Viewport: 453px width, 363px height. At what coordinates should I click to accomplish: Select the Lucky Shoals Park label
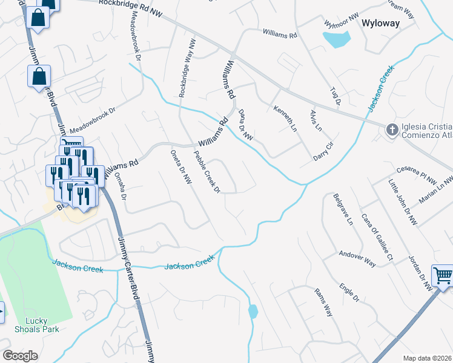pyautogui.click(x=37, y=325)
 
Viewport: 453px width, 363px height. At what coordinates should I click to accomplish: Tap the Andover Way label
pyautogui.click(x=357, y=258)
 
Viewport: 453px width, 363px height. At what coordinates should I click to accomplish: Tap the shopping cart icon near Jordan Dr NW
pyautogui.click(x=443, y=275)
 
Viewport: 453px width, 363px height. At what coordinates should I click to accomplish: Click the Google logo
pyautogui.click(x=20, y=356)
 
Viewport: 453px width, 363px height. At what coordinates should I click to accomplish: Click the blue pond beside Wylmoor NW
pyautogui.click(x=337, y=40)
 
